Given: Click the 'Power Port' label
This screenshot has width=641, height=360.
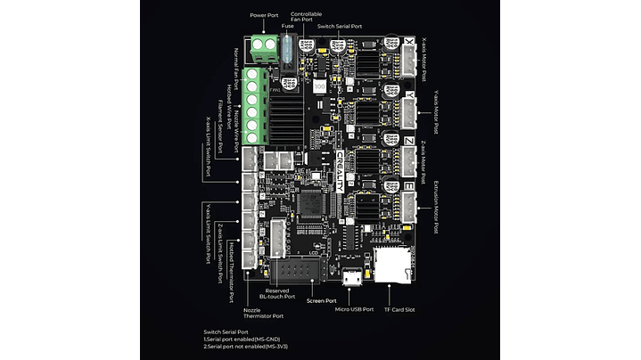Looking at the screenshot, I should [x=264, y=15].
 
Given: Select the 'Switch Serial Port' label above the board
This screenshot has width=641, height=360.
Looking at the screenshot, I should [x=341, y=27].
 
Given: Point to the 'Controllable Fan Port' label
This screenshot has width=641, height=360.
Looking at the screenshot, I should [x=308, y=17].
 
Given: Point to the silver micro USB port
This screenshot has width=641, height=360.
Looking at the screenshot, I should [x=354, y=278].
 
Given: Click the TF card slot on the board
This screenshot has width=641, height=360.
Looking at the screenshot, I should [x=389, y=266].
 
